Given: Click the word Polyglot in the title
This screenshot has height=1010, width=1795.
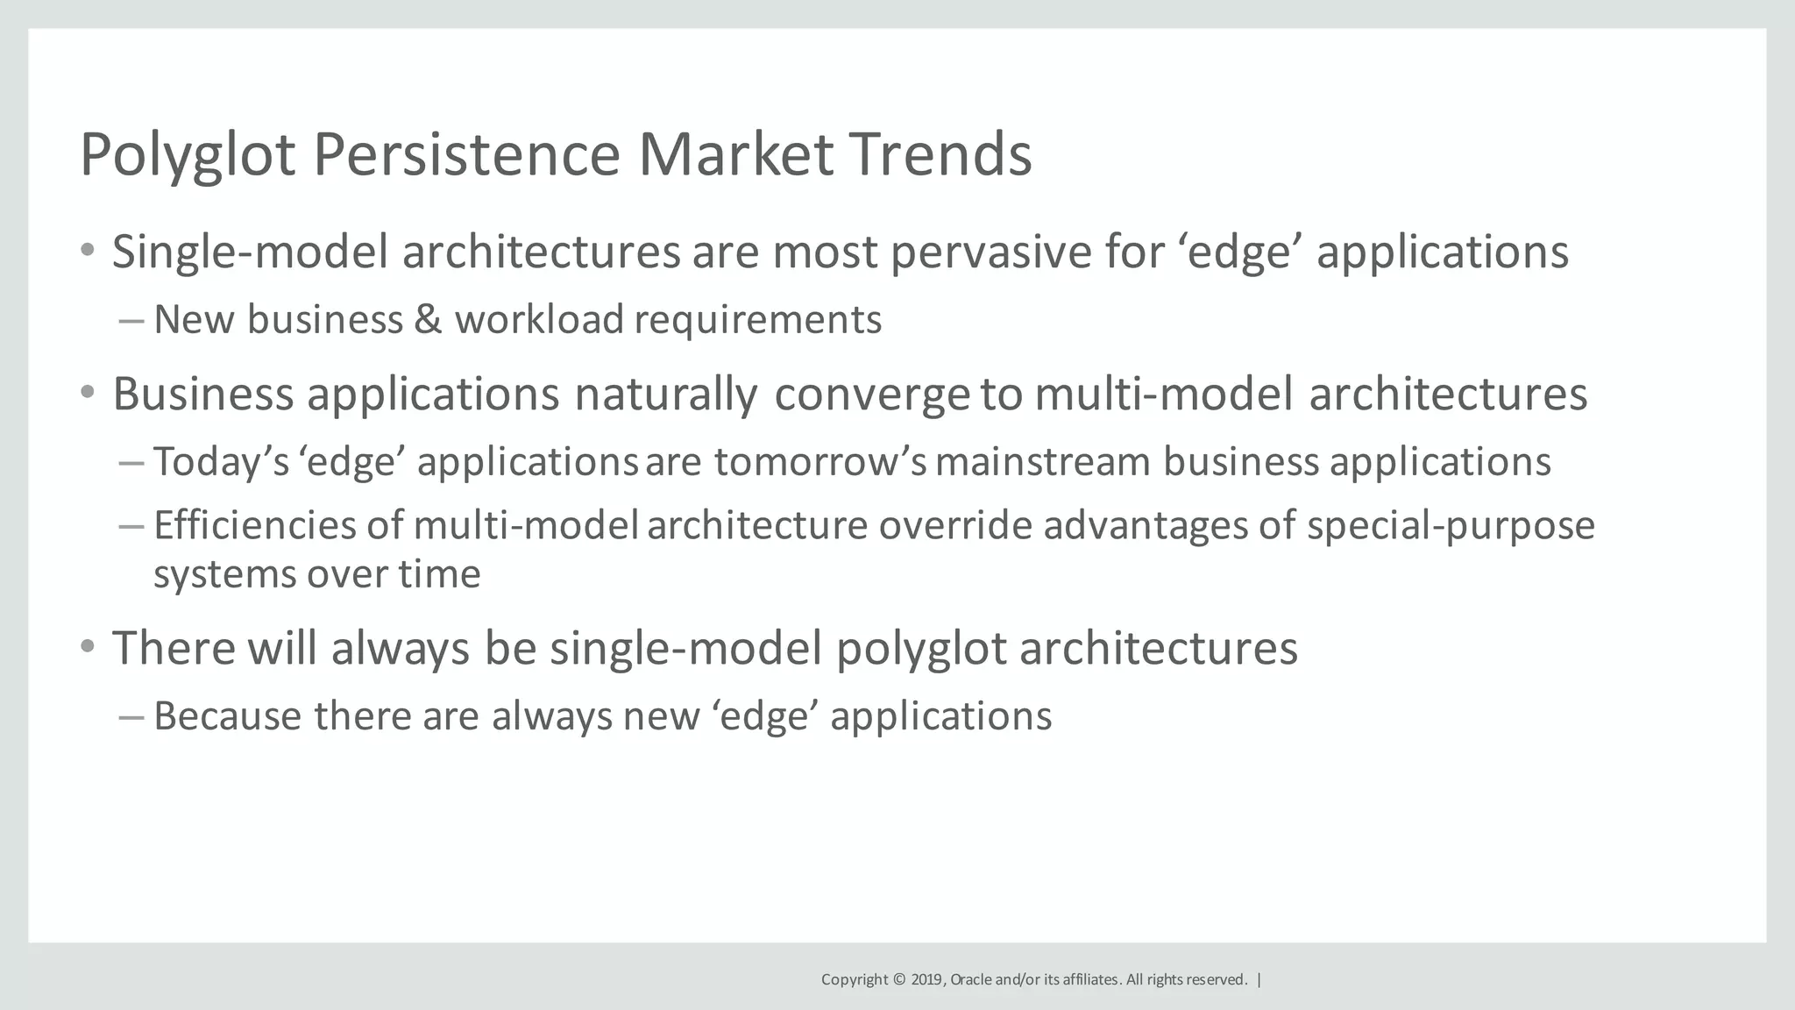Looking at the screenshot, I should [188, 156].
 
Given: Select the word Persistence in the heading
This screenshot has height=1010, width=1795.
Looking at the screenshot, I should [466, 154].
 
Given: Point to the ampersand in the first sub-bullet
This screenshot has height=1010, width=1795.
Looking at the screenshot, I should [428, 319].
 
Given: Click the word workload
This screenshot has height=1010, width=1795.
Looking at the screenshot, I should [538, 319].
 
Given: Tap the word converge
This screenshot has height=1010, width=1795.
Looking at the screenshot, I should [871, 395].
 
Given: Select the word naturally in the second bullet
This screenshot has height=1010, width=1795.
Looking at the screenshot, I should [665, 395].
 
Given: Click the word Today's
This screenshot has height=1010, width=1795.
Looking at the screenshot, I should [221, 462].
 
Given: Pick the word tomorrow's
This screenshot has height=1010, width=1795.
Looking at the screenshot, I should [819, 462].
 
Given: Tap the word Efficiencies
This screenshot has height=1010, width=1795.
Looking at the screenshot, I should [255, 526].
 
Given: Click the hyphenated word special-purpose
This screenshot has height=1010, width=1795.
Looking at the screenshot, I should [1451, 526].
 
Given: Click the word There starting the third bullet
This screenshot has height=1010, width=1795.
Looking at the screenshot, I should [174, 649].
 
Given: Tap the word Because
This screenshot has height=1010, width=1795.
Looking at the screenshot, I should [228, 716].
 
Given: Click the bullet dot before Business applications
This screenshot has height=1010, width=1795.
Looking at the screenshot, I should [87, 393].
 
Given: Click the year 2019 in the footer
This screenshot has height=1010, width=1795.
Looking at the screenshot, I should [927, 979].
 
